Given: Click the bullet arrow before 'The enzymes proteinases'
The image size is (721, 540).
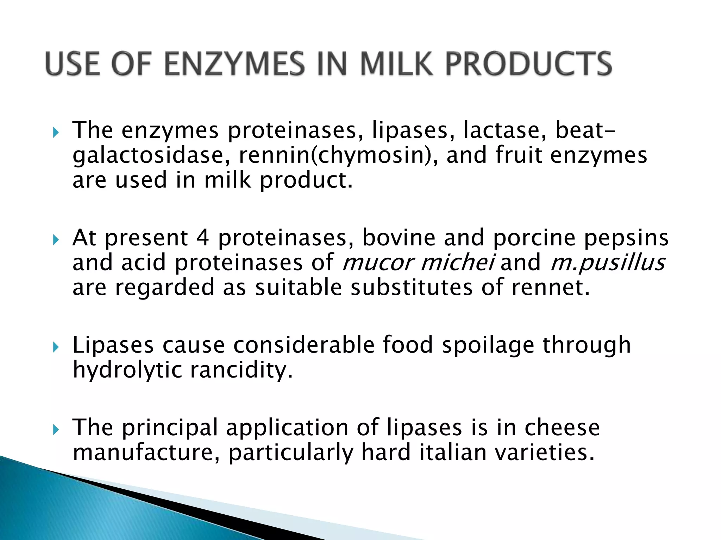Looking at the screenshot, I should point(56,133).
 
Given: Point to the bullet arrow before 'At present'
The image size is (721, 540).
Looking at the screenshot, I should point(56,240).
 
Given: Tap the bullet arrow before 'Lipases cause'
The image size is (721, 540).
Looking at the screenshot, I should point(56,347).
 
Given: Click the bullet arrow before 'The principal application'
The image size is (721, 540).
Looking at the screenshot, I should point(56,430).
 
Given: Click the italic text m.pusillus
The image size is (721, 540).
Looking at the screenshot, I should point(608,263).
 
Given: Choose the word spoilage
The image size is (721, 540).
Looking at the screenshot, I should point(488,345).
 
